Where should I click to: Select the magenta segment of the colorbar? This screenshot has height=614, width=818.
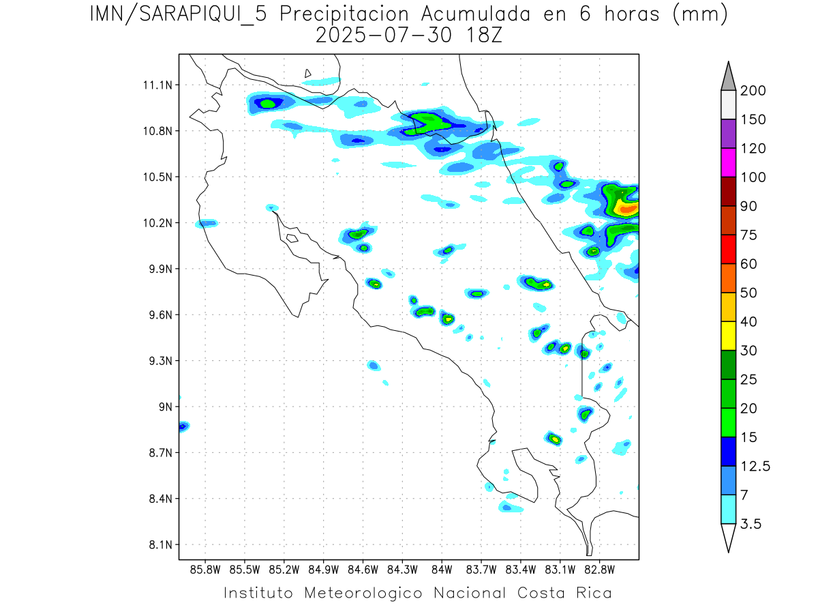coord(727,162)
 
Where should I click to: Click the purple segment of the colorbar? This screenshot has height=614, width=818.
coord(727,134)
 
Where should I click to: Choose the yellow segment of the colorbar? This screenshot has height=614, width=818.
coord(727,336)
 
